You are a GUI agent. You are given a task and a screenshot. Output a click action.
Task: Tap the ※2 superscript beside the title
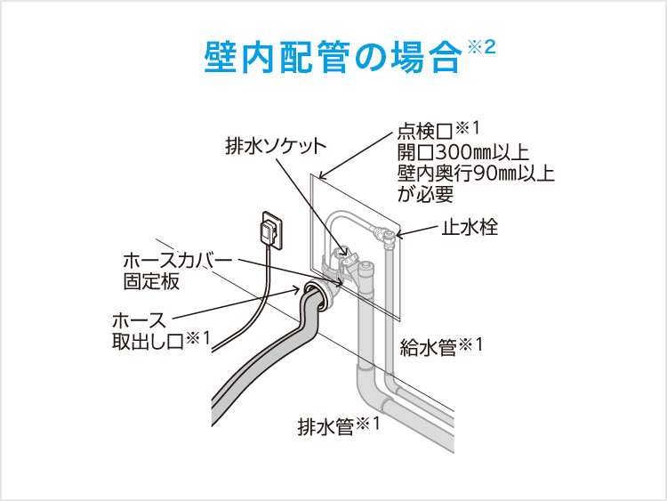[x=481, y=47]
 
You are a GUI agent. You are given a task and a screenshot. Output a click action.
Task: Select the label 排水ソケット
[x=276, y=147]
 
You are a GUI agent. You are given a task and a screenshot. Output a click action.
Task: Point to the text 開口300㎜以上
[x=463, y=152]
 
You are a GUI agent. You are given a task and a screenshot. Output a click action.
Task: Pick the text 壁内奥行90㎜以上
[x=476, y=174]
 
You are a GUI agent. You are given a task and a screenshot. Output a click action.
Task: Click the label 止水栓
[x=470, y=227]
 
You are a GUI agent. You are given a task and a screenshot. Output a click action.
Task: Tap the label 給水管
[x=429, y=347]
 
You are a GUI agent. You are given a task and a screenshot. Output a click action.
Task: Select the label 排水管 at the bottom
[x=325, y=426]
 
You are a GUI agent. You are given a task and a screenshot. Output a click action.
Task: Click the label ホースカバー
[x=178, y=261]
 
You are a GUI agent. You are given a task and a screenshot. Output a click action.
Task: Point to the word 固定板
[x=151, y=281]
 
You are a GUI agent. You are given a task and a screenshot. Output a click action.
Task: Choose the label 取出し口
[x=148, y=342]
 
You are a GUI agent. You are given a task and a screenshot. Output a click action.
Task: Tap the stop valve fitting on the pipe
[x=384, y=237]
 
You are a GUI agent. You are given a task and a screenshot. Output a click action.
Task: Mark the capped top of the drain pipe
[x=366, y=270]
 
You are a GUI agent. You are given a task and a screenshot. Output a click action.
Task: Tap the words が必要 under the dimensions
[x=426, y=194]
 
